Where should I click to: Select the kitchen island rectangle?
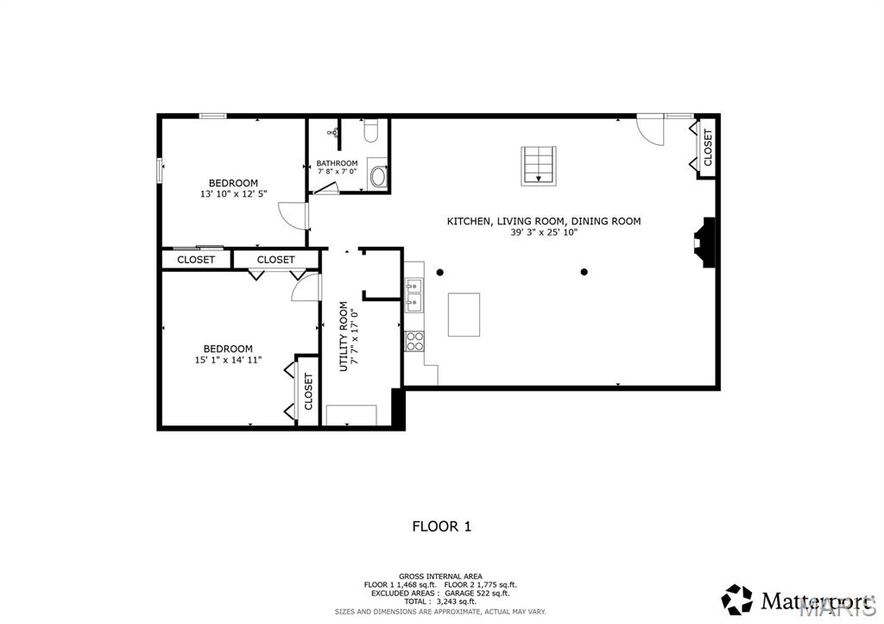[464, 314]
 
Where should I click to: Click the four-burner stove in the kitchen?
[415, 341]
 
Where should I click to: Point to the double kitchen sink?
[415, 293]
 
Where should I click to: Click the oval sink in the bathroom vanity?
[378, 178]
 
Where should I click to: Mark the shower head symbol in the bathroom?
[332, 133]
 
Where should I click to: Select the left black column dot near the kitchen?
[439, 273]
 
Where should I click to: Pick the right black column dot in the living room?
[584, 273]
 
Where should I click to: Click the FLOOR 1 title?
[441, 526]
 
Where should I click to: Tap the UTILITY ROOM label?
[344, 336]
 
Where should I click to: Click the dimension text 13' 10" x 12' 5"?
[233, 194]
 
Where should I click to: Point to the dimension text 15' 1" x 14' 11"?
[228, 360]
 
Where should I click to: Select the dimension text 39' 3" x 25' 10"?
[544, 232]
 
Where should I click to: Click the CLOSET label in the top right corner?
[709, 148]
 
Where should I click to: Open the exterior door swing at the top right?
[650, 129]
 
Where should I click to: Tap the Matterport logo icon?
[737, 599]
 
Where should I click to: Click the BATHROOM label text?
[337, 163]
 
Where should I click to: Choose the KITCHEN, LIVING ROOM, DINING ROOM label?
[544, 221]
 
